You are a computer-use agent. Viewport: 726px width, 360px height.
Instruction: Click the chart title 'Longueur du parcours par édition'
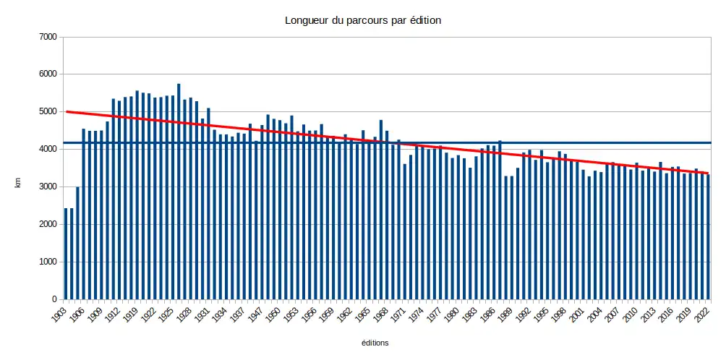[x=363, y=20]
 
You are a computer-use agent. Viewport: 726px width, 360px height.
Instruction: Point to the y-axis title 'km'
[x=19, y=186]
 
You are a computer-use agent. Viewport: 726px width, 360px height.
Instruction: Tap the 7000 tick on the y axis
[x=46, y=37]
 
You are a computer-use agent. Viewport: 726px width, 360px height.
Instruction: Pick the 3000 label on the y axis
[x=46, y=187]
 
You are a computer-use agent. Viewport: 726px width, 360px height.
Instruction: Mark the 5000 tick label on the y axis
[x=46, y=112]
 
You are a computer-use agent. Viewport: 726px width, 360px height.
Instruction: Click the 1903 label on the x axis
[x=59, y=315]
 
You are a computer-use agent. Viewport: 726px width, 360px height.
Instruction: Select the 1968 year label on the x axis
[x=376, y=315]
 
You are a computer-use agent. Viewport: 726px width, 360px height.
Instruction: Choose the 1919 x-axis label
[x=130, y=315]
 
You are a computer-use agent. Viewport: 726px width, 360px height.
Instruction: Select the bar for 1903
[x=66, y=254]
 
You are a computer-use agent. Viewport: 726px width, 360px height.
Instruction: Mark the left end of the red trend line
[x=67, y=111]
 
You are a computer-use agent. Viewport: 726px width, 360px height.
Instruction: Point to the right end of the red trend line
[x=709, y=173]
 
